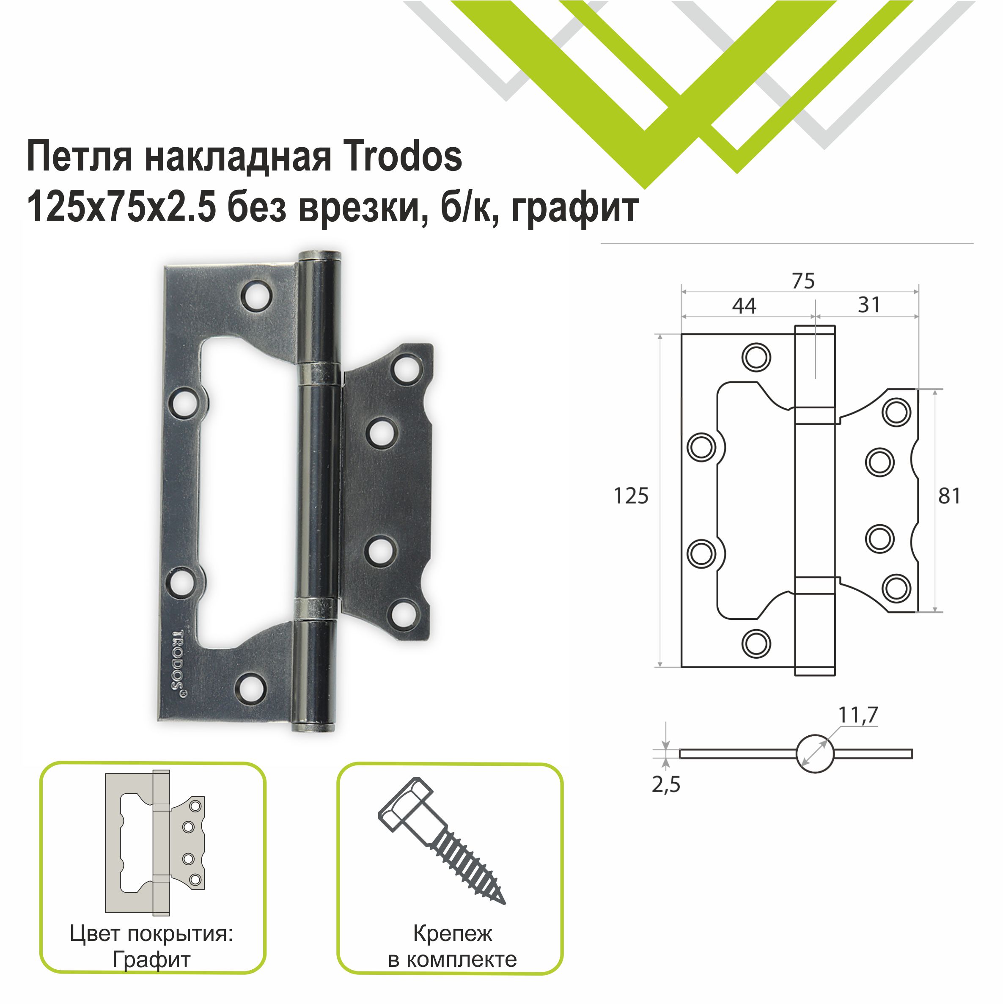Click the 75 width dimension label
803,281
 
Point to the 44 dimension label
744,306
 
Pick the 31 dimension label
868,305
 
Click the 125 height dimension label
631,496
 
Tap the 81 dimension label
949,496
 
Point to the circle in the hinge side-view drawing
814,754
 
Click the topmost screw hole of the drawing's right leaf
896,413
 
